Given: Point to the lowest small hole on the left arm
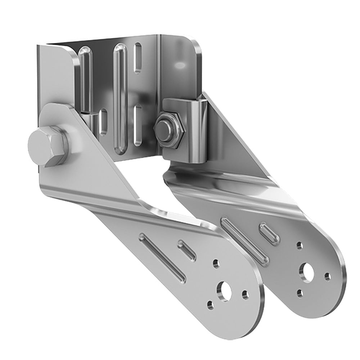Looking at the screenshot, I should [211, 305].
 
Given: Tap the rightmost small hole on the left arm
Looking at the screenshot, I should [246, 295].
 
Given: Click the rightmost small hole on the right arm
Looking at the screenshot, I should [327, 276].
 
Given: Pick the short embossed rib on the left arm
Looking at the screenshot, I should [187, 250].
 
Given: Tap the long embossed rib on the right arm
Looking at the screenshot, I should [245, 239].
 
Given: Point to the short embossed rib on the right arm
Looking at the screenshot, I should [270, 233].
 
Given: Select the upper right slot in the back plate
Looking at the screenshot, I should [138, 58].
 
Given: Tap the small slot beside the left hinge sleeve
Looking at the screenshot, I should [104, 122].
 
